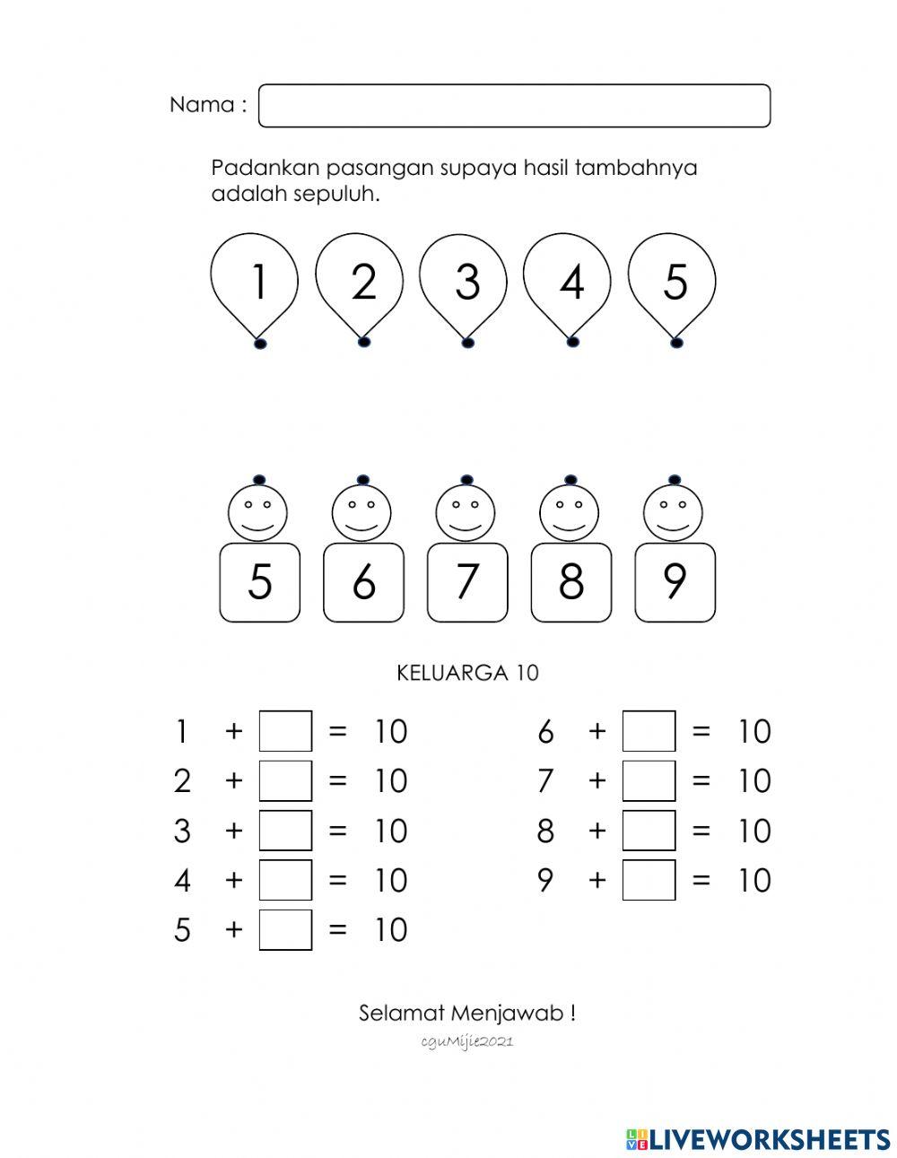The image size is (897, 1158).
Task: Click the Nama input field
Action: [514, 106]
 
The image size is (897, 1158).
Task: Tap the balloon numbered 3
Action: [466, 280]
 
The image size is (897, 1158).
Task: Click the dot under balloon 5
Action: [676, 342]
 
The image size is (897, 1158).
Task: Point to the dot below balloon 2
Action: [363, 342]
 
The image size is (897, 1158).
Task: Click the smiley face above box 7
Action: [466, 511]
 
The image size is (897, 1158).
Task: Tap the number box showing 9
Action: [675, 582]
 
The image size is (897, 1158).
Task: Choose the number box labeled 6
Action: [363, 582]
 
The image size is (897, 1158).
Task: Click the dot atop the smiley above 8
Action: [570, 480]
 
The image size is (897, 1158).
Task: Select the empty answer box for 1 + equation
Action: [285, 731]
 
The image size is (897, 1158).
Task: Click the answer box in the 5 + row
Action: [285, 929]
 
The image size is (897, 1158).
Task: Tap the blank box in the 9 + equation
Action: [649, 880]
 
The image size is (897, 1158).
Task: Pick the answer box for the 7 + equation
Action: [649, 780]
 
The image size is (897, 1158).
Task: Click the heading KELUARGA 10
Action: [467, 673]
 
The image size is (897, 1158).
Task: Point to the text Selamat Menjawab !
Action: [467, 1014]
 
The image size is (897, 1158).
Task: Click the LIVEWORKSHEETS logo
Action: [758, 1139]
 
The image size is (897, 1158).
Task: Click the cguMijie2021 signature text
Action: [466, 1041]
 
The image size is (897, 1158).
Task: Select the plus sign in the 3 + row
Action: [234, 831]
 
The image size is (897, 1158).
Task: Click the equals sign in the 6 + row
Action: [701, 732]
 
